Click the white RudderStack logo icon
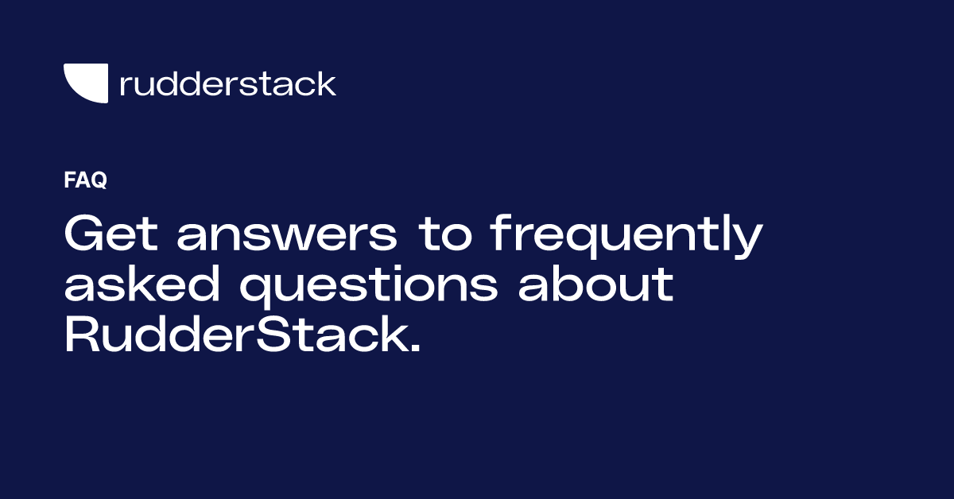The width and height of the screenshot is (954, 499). click(85, 82)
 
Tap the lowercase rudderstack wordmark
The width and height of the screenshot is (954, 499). click(227, 83)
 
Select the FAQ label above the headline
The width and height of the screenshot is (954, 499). click(85, 181)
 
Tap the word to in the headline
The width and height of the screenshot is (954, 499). click(445, 235)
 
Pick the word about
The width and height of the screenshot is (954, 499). click(596, 285)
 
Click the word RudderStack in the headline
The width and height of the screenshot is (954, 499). click(234, 335)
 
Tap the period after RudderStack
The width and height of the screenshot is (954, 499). click(412, 349)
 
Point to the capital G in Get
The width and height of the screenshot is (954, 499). click(85, 235)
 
